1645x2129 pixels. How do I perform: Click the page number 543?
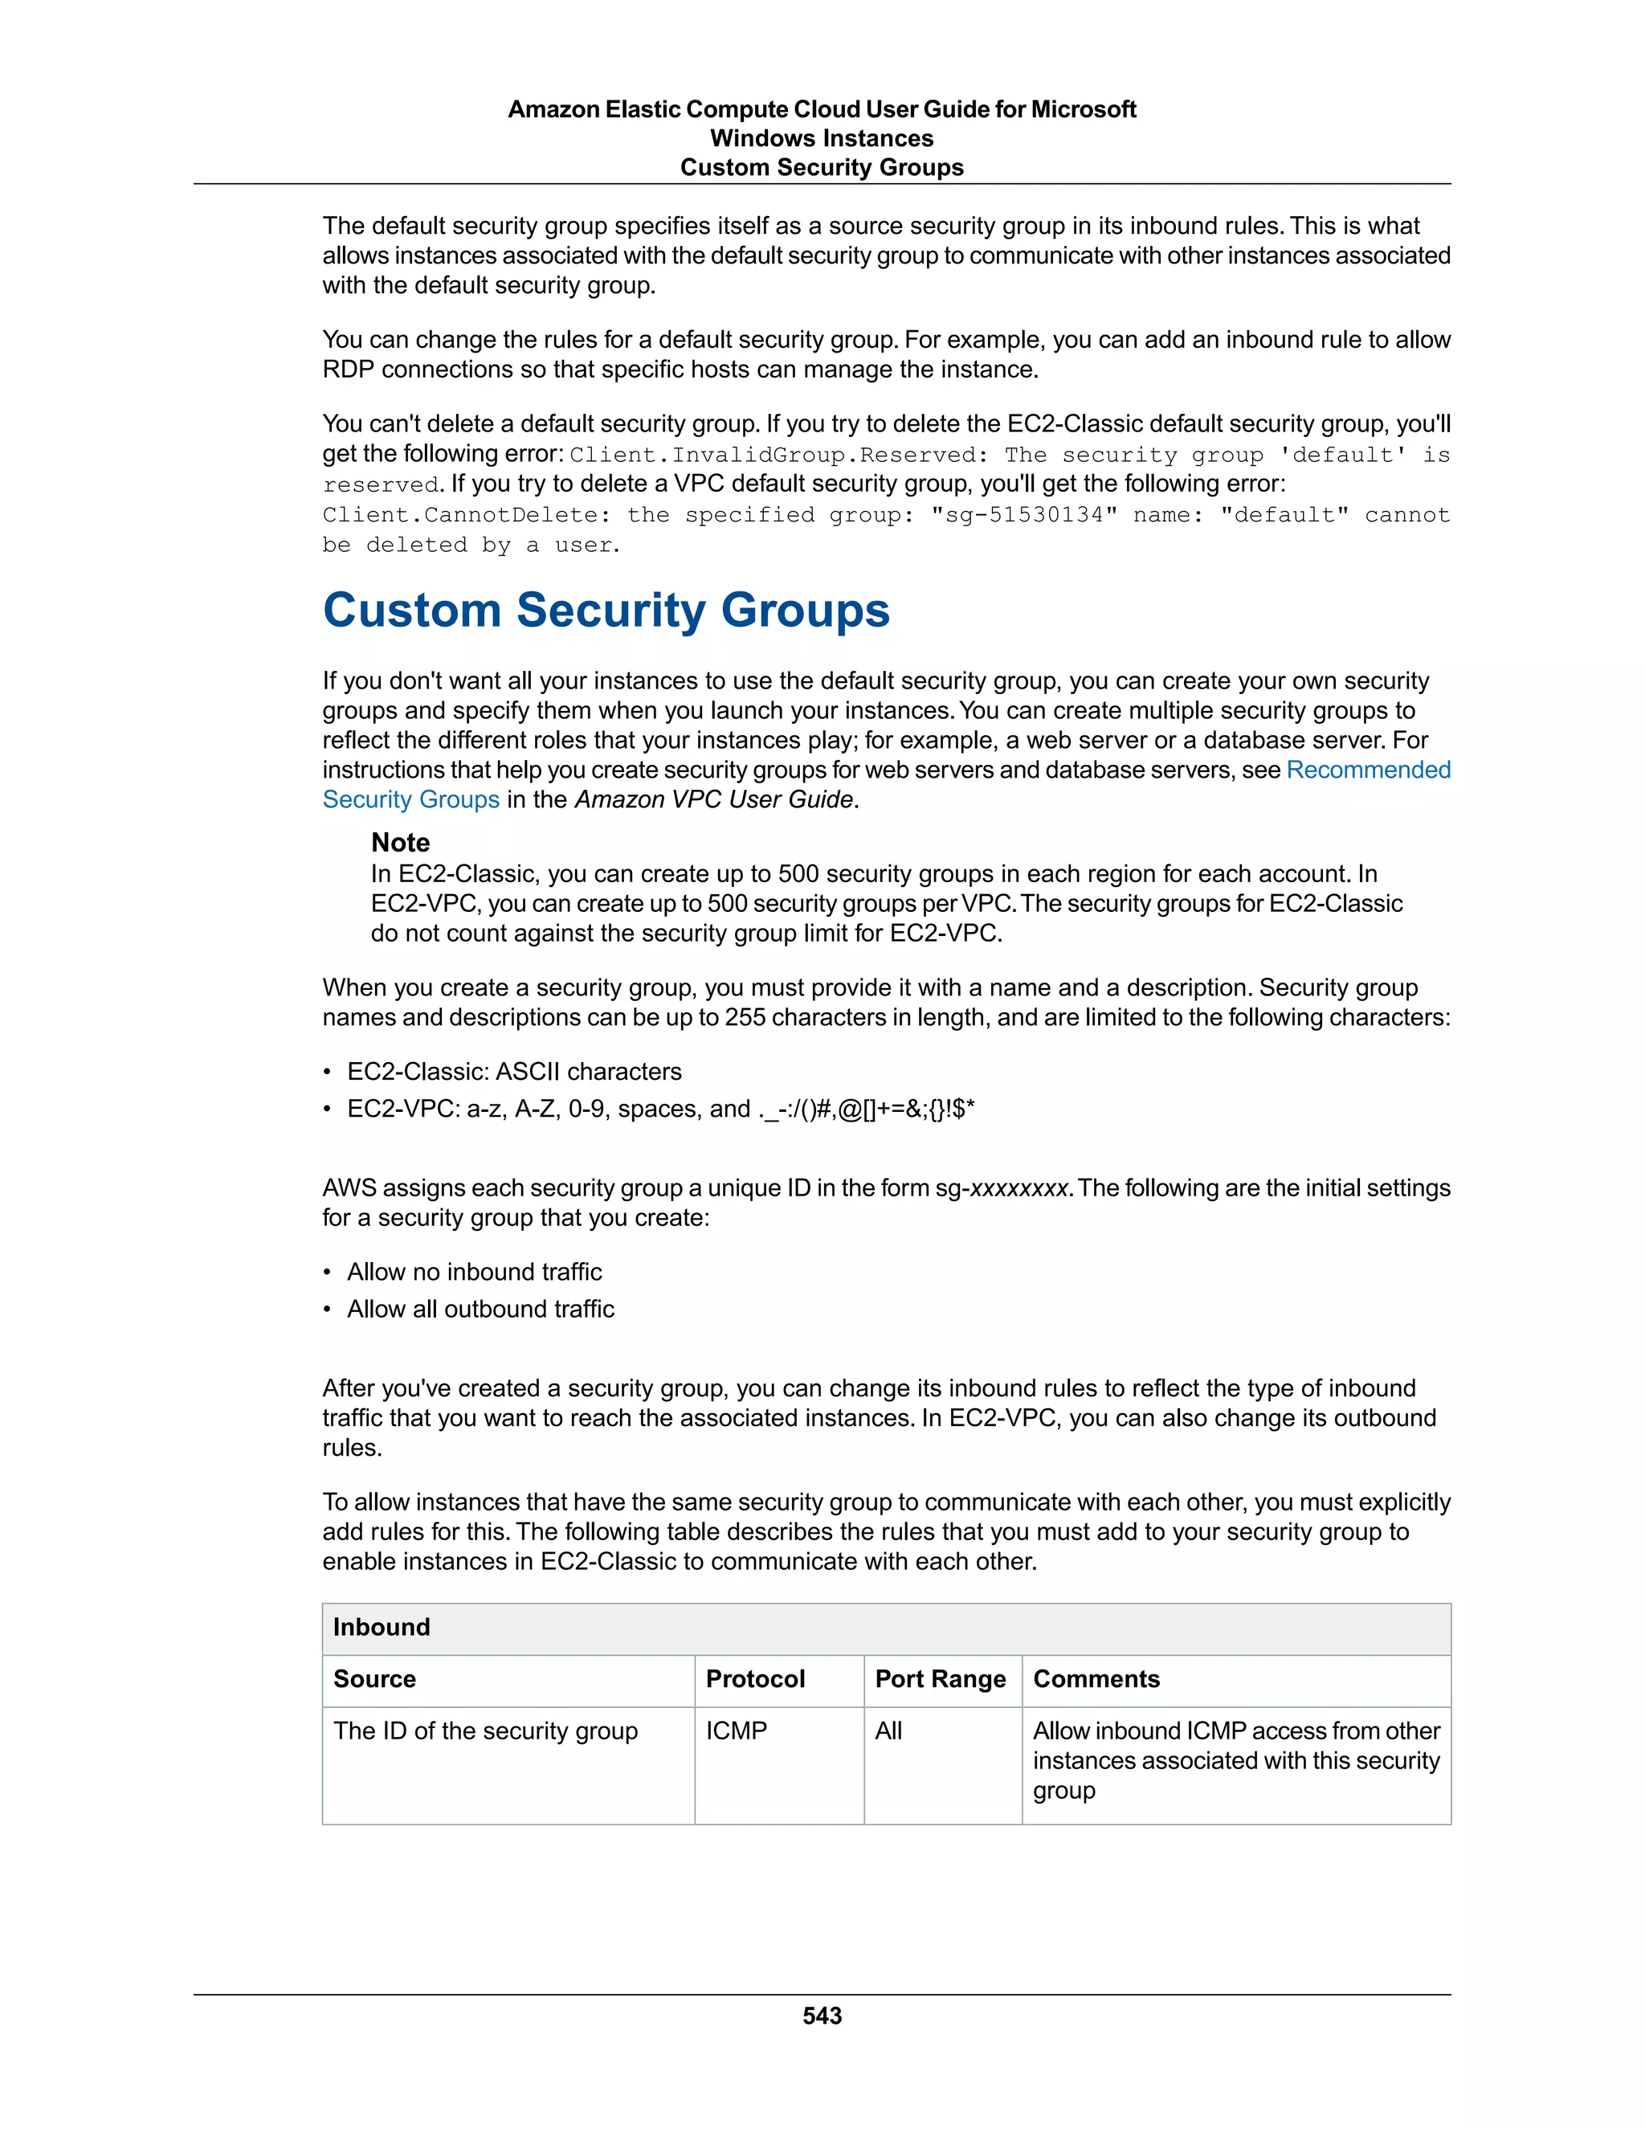click(822, 2015)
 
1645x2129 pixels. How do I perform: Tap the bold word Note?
click(399, 842)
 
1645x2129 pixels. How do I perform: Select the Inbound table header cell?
click(381, 1627)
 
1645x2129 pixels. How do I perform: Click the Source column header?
click(374, 1678)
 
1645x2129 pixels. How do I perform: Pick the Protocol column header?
click(755, 1678)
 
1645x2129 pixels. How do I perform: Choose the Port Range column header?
click(940, 1678)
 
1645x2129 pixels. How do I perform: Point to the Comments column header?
click(1096, 1678)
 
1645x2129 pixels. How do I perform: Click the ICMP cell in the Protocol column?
click(736, 1731)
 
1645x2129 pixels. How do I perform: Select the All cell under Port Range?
click(888, 1731)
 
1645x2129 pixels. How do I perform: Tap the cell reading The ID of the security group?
click(485, 1731)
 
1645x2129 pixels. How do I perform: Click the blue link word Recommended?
click(1368, 770)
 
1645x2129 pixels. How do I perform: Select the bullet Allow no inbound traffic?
click(474, 1272)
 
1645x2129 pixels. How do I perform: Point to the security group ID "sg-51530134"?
click(1023, 515)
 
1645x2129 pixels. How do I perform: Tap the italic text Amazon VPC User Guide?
click(714, 799)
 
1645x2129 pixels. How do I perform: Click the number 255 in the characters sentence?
click(745, 1018)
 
